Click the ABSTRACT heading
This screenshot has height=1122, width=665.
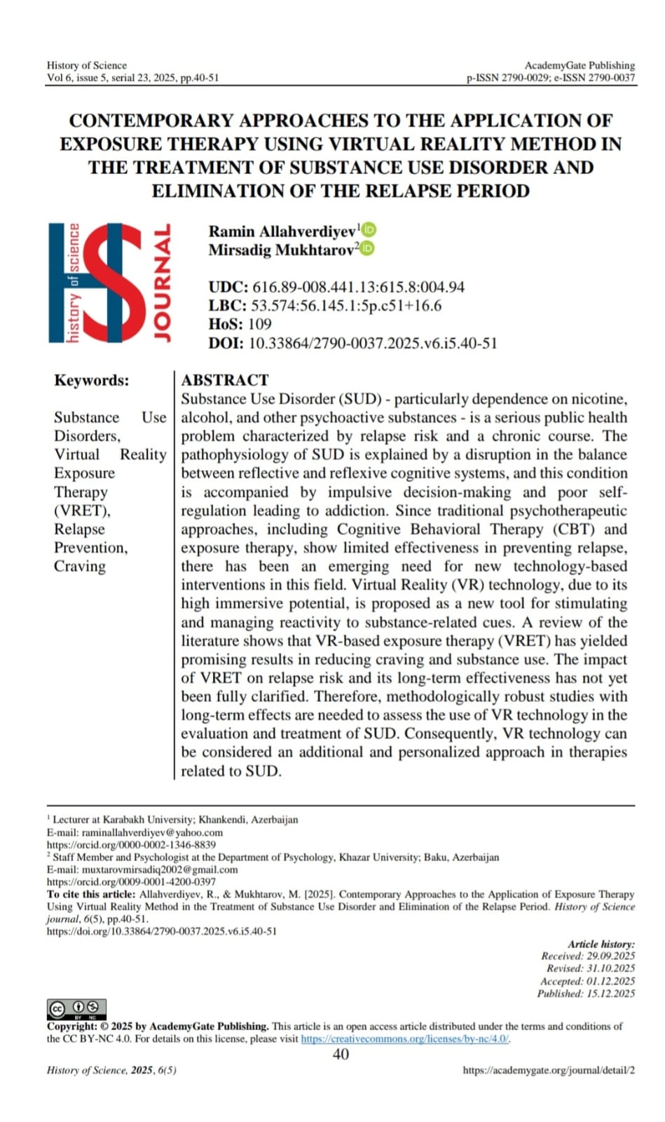tap(225, 380)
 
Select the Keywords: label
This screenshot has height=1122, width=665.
tap(91, 380)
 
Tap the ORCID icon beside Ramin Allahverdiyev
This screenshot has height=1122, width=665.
tap(369, 230)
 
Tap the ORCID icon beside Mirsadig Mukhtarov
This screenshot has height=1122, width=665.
tap(366, 248)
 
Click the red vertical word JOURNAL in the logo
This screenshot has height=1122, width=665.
tap(162, 283)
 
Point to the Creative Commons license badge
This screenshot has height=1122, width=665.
tap(76, 1008)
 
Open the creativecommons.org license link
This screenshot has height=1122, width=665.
tap(405, 1039)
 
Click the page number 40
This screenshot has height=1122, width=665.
tap(341, 1054)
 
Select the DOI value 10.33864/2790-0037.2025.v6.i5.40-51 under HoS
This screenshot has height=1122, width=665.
tap(373, 343)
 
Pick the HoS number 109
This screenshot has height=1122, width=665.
tap(259, 324)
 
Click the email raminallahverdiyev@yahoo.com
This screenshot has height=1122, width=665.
tap(152, 832)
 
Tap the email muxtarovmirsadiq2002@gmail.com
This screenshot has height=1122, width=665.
tap(160, 870)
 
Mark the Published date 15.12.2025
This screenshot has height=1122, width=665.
tap(610, 994)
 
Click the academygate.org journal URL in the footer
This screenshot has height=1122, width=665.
tap(549, 1070)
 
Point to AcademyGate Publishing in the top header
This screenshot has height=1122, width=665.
tap(580, 65)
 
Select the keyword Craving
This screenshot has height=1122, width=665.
tap(80, 566)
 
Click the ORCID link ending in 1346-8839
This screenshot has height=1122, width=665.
tap(131, 845)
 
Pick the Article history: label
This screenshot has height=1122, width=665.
tap(601, 944)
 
